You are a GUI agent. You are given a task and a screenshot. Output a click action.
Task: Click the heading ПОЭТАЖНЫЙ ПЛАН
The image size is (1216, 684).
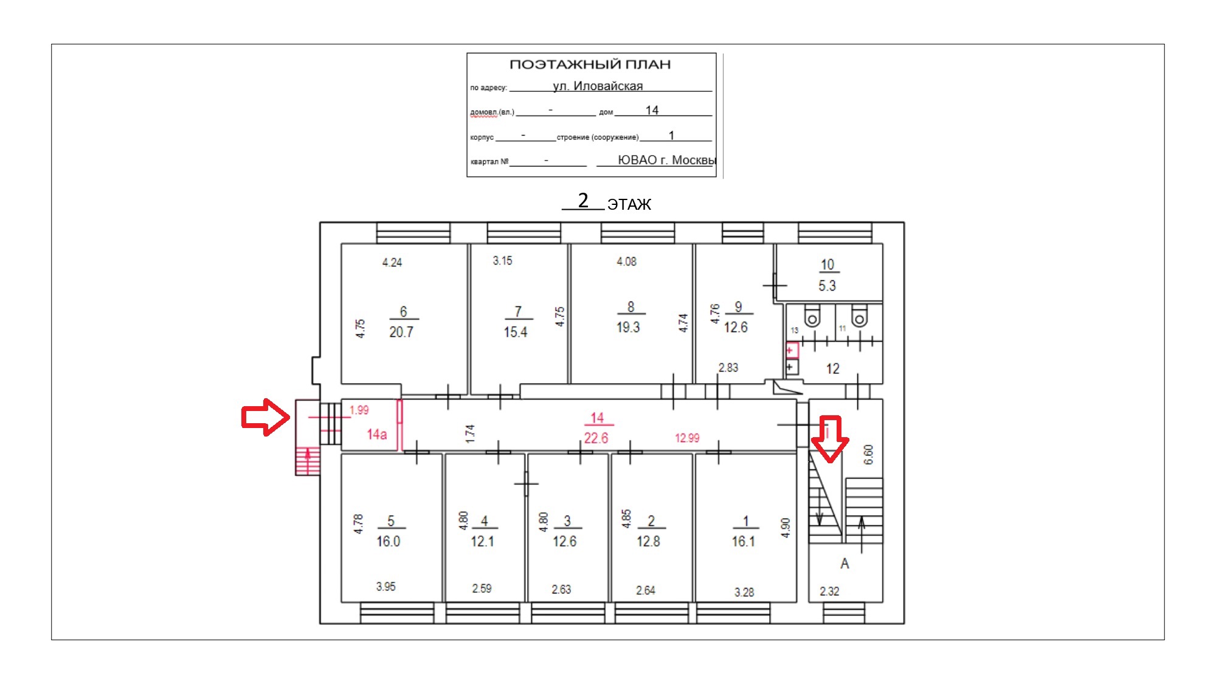(590, 64)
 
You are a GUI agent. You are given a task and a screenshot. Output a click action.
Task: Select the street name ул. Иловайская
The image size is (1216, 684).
(598, 86)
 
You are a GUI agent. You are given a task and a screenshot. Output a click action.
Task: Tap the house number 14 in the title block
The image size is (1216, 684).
(652, 110)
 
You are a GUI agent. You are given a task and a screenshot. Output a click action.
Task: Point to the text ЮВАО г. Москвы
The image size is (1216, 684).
(667, 160)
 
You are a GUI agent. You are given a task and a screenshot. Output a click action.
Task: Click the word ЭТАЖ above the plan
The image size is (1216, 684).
(629, 204)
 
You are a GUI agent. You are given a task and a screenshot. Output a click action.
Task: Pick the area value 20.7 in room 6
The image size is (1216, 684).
(401, 332)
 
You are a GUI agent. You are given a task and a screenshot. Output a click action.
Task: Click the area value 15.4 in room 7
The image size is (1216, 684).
(515, 332)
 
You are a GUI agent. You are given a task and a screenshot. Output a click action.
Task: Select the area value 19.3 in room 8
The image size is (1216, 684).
(628, 327)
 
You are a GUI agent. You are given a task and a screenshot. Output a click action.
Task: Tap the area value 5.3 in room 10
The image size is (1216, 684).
(827, 286)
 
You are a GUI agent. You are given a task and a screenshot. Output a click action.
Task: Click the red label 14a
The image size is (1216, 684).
(377, 434)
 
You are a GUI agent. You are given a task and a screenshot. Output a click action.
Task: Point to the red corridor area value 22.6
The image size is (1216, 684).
(596, 438)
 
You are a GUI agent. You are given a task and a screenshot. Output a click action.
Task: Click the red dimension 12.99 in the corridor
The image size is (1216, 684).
(687, 438)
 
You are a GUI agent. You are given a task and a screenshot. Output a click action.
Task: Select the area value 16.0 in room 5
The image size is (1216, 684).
(389, 541)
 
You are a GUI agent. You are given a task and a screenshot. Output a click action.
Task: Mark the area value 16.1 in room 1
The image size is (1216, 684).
(743, 541)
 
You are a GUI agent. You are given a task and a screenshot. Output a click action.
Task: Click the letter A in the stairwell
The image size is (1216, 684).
(845, 564)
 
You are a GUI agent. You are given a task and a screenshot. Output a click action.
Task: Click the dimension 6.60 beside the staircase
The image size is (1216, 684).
(868, 454)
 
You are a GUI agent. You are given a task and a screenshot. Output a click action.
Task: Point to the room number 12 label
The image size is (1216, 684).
(832, 368)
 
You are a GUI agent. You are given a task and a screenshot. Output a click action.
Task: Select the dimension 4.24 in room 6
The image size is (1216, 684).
(392, 263)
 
